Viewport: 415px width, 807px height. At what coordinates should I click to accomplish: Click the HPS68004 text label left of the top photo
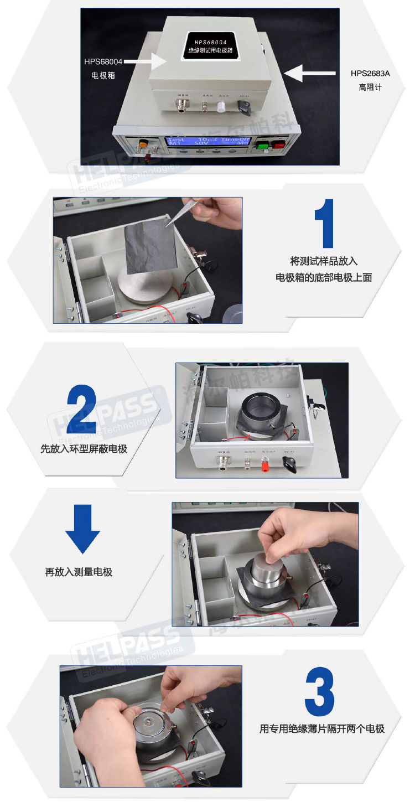[103, 61]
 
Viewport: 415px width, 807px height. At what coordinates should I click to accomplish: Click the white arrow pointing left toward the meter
[311, 73]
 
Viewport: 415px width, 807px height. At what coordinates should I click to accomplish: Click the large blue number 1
[324, 223]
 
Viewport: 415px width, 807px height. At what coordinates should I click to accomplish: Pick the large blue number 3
[319, 692]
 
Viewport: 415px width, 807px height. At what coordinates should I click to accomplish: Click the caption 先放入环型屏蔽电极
[84, 448]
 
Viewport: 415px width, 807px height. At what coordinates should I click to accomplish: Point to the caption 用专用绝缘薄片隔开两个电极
[322, 728]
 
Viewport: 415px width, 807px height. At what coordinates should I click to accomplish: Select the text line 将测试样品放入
[324, 261]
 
